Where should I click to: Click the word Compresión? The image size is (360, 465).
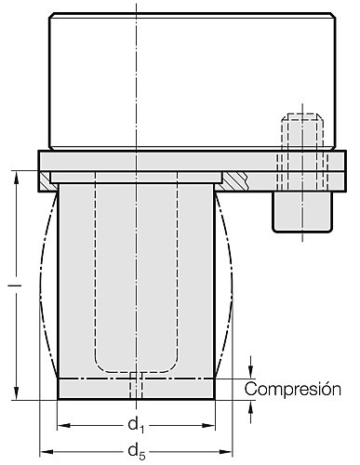click(292, 389)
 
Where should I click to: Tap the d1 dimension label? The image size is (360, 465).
click(137, 425)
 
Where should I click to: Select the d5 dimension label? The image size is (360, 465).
click(137, 451)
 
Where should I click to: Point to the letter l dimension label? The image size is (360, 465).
click(14, 285)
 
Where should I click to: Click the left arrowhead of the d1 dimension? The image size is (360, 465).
click(64, 426)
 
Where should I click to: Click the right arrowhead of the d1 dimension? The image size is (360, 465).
click(208, 426)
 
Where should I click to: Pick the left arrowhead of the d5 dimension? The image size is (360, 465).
click(47, 452)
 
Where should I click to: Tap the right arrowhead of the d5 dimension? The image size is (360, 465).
click(226, 452)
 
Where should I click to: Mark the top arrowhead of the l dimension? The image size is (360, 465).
click(17, 178)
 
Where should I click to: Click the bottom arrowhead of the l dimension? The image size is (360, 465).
click(17, 393)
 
